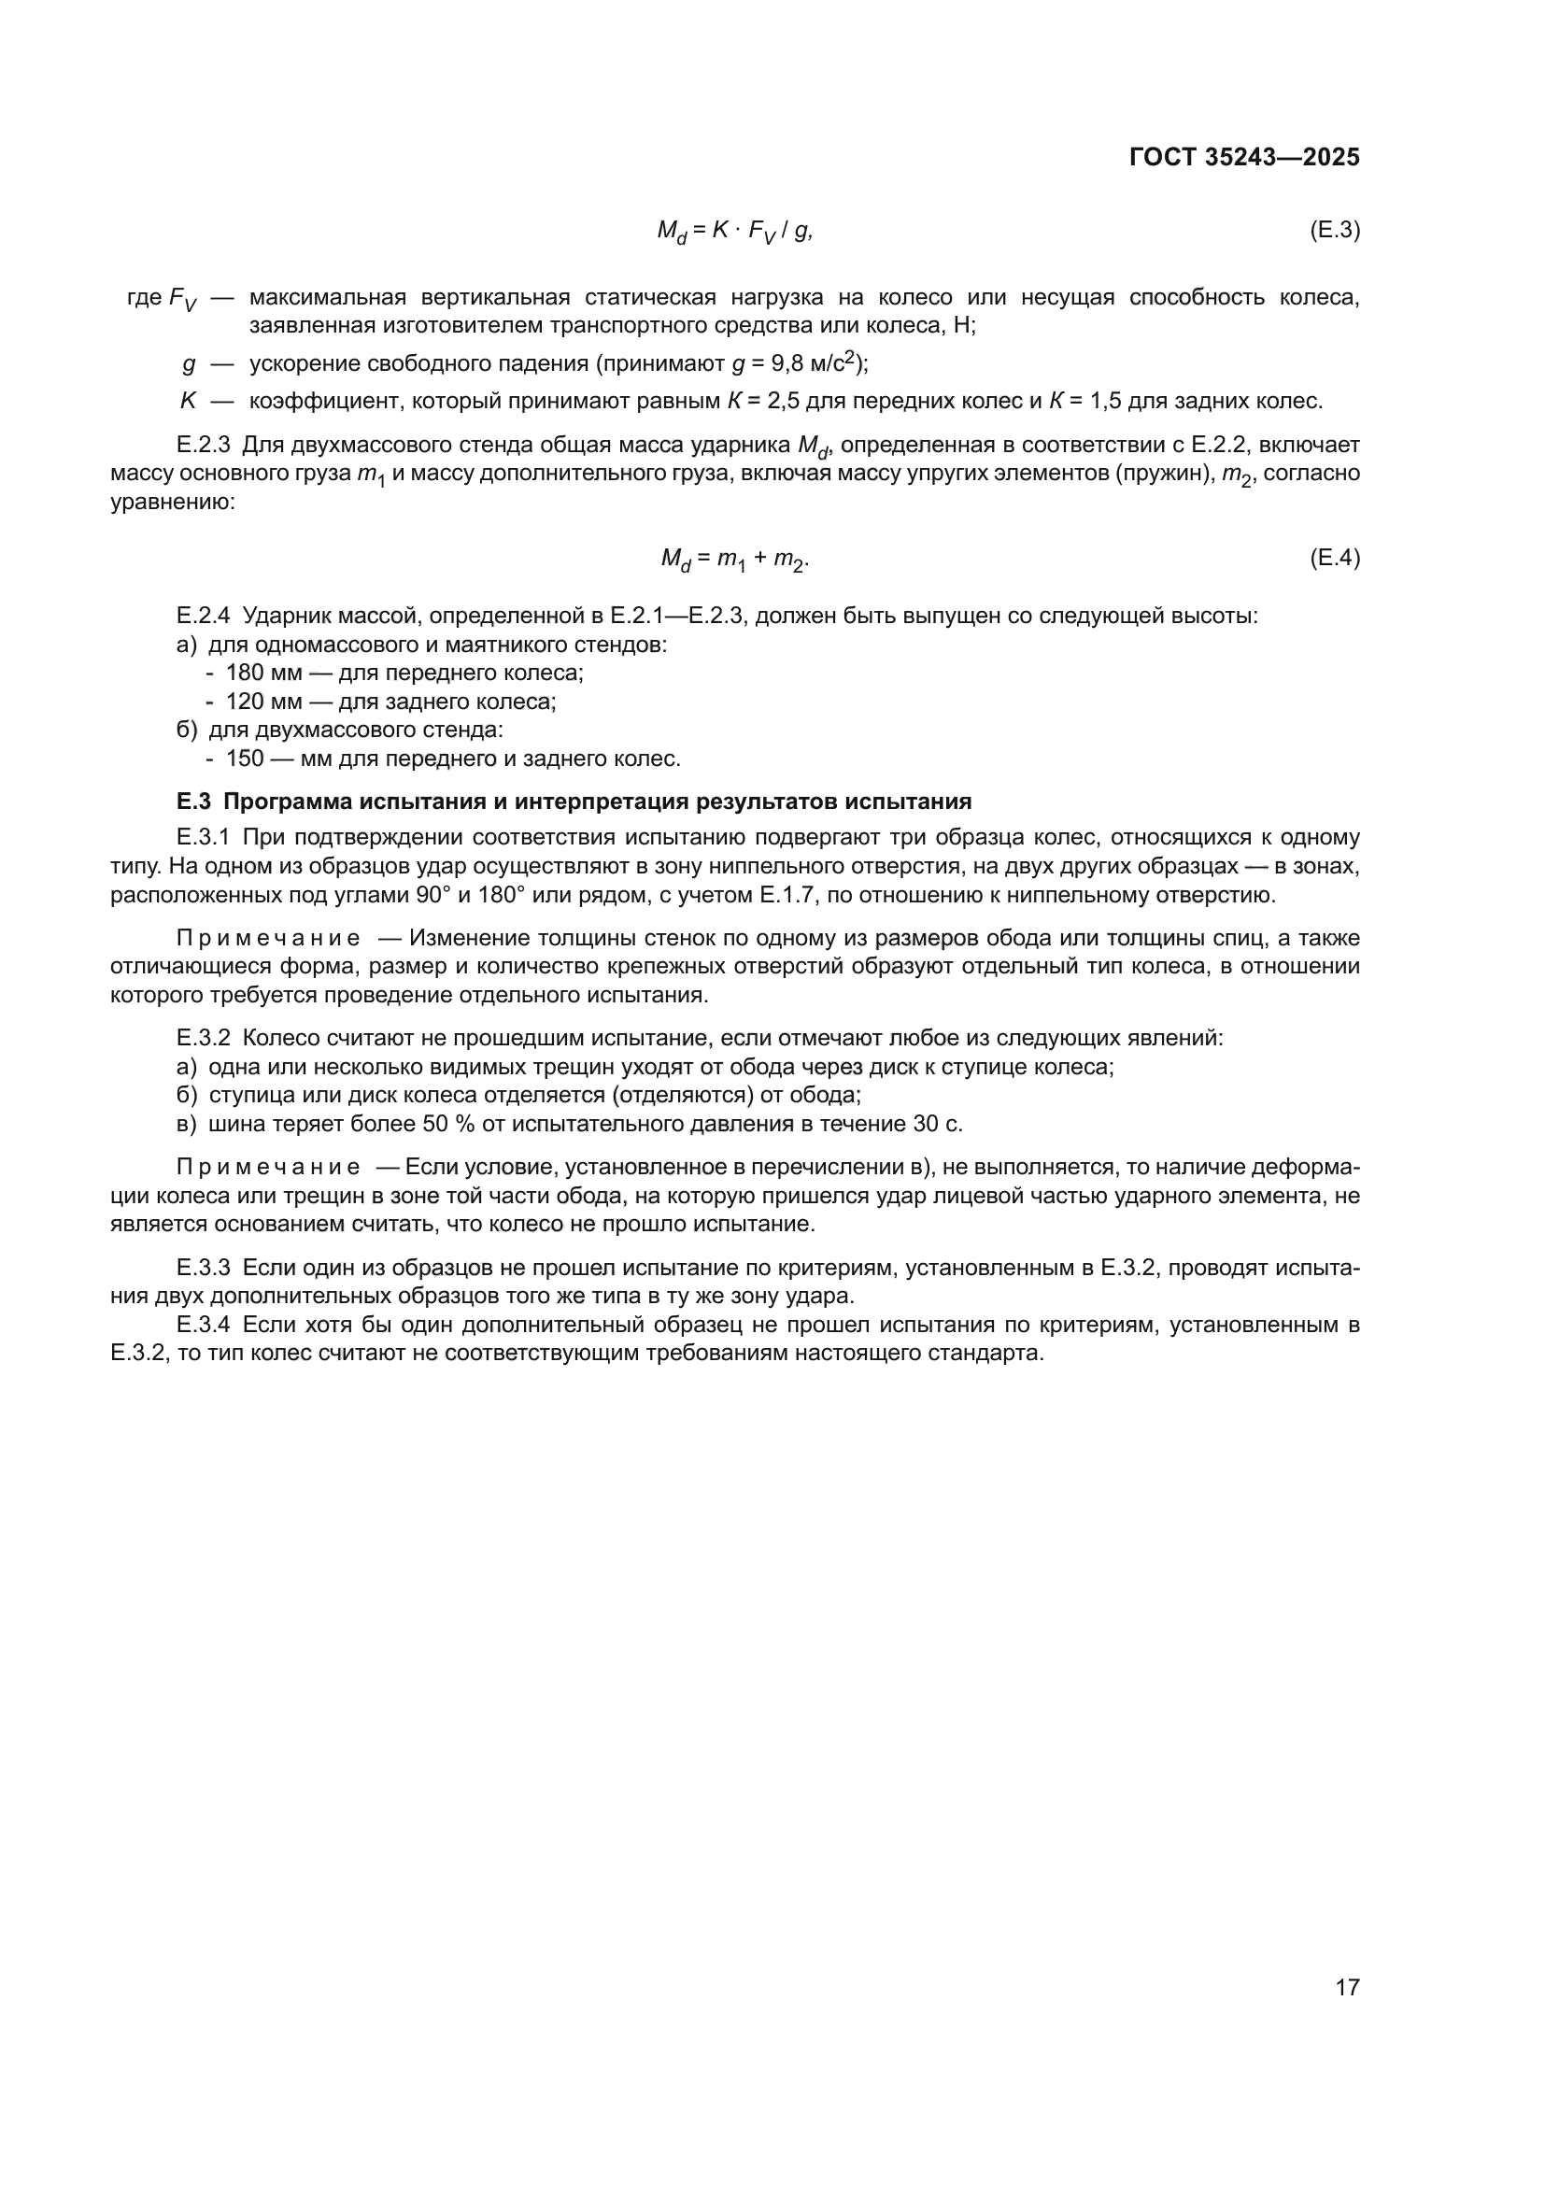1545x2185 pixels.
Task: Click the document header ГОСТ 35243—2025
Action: coord(1243,158)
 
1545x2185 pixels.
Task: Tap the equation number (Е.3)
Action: coord(1335,230)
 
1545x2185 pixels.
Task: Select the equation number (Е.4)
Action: coord(1335,558)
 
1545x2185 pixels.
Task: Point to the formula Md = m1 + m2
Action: coord(734,560)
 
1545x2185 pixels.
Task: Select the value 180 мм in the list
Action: coord(263,673)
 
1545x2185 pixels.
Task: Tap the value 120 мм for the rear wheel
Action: coord(263,702)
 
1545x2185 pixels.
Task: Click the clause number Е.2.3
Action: coord(204,445)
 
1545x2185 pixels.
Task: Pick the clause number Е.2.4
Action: coord(204,616)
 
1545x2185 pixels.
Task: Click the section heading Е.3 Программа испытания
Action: coord(574,802)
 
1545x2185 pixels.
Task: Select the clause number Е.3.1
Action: coord(204,837)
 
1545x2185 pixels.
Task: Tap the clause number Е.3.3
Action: coord(204,1268)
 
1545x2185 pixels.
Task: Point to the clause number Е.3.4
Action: coord(204,1325)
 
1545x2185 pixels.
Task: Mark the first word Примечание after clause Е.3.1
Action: coord(268,938)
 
